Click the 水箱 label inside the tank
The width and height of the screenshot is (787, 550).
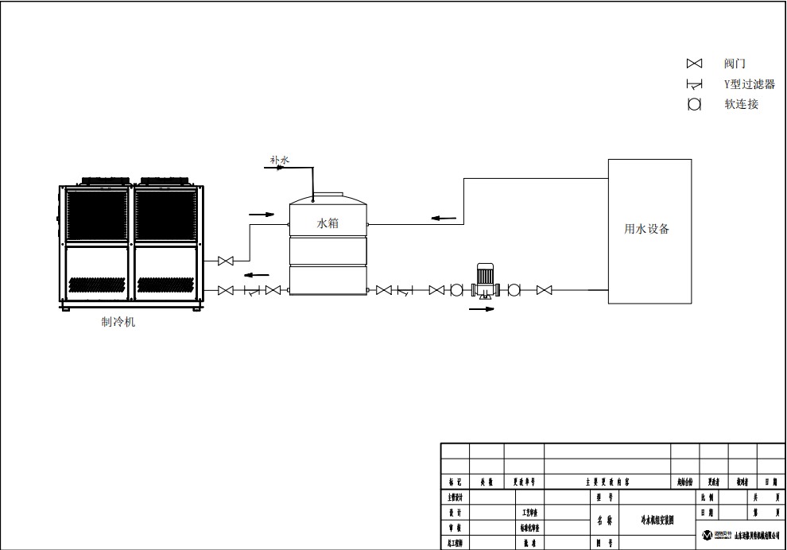coord(328,223)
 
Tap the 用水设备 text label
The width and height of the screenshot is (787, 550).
coord(647,229)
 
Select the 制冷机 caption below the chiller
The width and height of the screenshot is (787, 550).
coord(118,322)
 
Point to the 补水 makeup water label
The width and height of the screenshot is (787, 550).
coord(280,161)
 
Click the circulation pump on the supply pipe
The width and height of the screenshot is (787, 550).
coord(484,282)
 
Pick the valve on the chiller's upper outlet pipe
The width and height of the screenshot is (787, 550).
coord(226,261)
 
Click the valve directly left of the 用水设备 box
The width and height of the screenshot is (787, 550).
coord(545,290)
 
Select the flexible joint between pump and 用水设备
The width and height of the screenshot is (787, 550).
coord(514,290)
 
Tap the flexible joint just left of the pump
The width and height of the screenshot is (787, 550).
coord(456,290)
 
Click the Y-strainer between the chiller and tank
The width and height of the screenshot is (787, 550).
coord(251,291)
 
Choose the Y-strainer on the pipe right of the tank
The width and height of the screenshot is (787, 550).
coord(404,291)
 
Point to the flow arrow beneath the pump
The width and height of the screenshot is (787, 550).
coord(482,309)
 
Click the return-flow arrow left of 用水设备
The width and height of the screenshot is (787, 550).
coord(444,218)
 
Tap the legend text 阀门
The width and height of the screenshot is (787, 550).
coord(735,64)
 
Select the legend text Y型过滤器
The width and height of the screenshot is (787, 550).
coord(749,84)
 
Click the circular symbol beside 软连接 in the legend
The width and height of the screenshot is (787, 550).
coord(694,104)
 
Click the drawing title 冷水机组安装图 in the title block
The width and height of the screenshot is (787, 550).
coord(657,521)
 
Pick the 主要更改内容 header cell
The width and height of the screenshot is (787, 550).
coord(607,482)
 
